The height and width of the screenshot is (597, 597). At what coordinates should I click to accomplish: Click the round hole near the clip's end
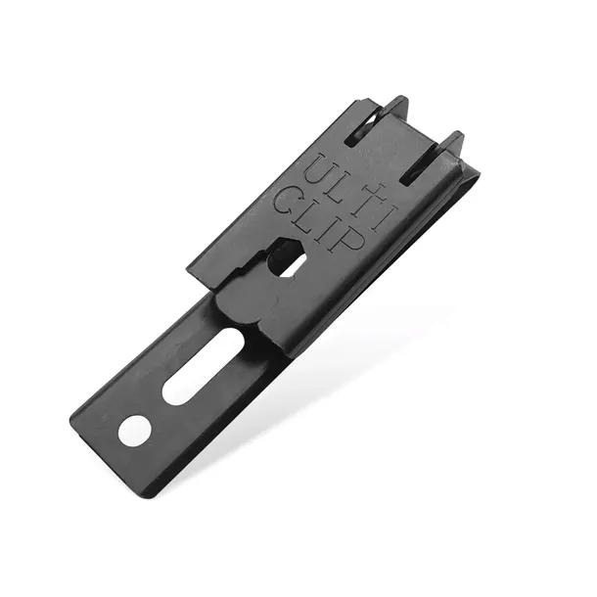click(134, 431)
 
